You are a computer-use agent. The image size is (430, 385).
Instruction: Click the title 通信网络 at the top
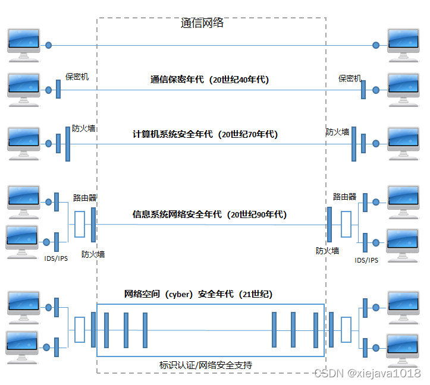pyautogui.click(x=202, y=24)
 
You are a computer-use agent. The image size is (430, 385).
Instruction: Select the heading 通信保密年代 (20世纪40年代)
pyautogui.click(x=209, y=80)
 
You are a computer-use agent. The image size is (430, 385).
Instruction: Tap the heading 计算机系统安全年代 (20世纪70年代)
pyautogui.click(x=205, y=134)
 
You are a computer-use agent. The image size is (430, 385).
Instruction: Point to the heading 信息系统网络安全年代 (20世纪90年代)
pyautogui.click(x=209, y=214)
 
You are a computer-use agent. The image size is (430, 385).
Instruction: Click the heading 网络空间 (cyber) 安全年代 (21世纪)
pyautogui.click(x=197, y=294)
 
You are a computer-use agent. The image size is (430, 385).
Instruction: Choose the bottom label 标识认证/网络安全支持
pyautogui.click(x=206, y=365)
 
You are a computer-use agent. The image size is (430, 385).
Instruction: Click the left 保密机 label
pyautogui.click(x=77, y=77)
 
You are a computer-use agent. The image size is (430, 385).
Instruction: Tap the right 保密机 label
pyautogui.click(x=350, y=78)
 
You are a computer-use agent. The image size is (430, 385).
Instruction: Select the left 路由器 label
pyautogui.click(x=85, y=197)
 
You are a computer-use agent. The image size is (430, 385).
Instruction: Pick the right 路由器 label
pyautogui.click(x=344, y=197)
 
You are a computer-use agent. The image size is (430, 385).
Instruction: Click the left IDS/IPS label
pyautogui.click(x=57, y=259)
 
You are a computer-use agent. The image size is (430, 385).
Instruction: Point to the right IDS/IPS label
pyautogui.click(x=366, y=260)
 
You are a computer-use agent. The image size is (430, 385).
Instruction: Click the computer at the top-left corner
pyautogui.click(x=24, y=44)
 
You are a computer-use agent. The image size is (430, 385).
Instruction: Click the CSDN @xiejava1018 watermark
pyautogui.click(x=366, y=373)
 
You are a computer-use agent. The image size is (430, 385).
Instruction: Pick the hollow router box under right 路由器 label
pyautogui.click(x=346, y=226)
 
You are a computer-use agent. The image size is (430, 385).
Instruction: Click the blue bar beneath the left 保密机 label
pyautogui.click(x=58, y=90)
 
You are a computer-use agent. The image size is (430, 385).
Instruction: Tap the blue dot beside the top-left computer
pyautogui.click(x=49, y=45)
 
